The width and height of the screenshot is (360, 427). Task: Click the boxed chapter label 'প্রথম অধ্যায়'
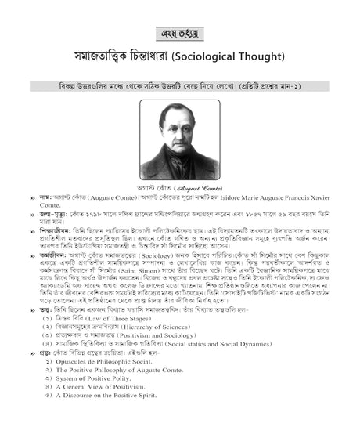(x=179, y=34)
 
